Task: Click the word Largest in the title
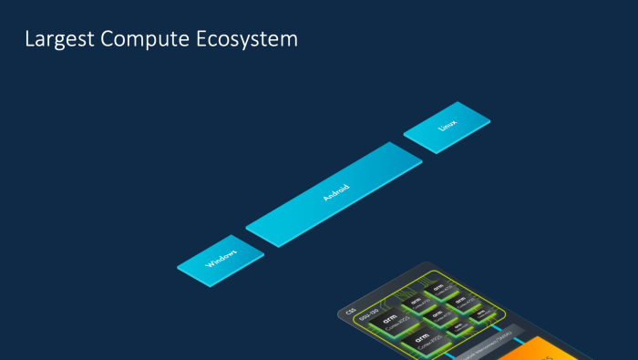pos(56,40)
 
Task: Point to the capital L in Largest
pos(29,40)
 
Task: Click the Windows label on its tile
pos(221,259)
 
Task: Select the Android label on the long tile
pos(335,192)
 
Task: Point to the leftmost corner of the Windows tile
pos(178,266)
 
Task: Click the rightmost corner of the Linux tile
pos(490,118)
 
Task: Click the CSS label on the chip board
pos(351,311)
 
